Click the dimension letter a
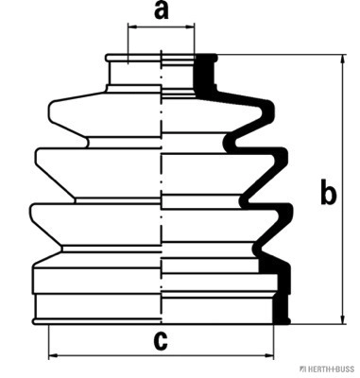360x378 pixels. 162,11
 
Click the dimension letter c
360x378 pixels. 161,340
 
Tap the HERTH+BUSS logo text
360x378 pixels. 328,369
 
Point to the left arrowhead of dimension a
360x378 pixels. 132,27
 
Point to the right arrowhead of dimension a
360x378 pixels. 190,27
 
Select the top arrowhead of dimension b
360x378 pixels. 343,60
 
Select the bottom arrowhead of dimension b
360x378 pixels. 343,319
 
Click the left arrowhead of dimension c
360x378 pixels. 53,355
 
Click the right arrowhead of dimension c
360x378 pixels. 269,355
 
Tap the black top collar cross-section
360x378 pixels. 205,74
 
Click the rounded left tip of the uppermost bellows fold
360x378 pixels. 50,111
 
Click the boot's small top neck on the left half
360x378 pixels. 134,73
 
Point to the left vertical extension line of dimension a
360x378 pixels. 129,43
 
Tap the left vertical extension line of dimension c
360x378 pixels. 49,342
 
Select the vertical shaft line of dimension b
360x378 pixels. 343,189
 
